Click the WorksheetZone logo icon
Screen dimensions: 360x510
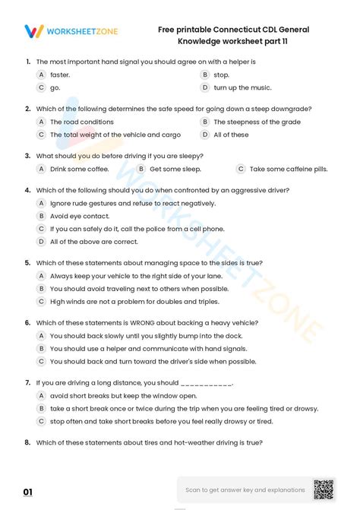(x=33, y=31)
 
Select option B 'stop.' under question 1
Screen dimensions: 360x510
(x=221, y=75)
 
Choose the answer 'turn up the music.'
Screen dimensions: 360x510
(x=242, y=87)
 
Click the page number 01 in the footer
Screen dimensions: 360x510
(x=28, y=493)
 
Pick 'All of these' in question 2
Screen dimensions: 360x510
(x=231, y=135)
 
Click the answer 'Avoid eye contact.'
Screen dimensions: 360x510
(x=79, y=216)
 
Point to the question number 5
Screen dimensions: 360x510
(x=27, y=262)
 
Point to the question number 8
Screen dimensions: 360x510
(x=27, y=442)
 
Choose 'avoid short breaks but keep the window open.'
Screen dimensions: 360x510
(x=123, y=395)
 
